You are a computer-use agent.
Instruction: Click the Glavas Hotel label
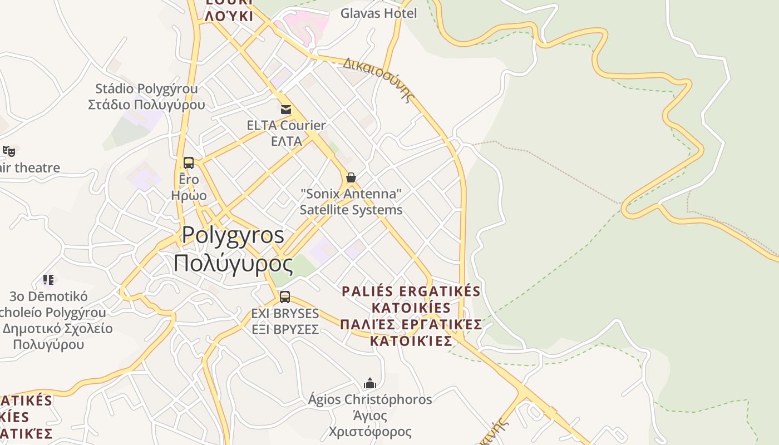coord(378,13)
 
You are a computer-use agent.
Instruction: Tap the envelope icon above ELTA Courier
coord(286,109)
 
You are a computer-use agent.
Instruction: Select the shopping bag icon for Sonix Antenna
coord(351,177)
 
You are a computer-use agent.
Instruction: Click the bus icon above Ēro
coord(189,163)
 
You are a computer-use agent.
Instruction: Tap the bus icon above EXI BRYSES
coord(285,297)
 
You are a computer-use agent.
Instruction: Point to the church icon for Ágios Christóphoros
coord(370,383)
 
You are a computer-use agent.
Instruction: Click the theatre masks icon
coord(9,151)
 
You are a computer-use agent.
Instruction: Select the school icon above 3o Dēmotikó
coord(48,279)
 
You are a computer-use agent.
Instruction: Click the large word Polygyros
coord(233,235)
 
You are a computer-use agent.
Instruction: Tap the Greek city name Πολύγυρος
coord(233,263)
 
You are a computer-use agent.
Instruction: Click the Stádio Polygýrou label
coord(146,88)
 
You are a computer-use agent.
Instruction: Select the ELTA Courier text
coord(286,125)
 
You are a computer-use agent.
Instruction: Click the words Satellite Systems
coord(351,210)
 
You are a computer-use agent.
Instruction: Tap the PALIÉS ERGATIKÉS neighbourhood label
coord(411,291)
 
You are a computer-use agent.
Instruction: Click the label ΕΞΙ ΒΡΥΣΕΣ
coord(285,329)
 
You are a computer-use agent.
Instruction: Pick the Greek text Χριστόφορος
coord(370,432)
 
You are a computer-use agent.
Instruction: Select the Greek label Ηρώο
coord(189,195)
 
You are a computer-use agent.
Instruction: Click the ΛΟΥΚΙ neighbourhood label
coord(229,16)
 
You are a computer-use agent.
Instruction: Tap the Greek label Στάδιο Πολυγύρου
coord(146,105)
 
